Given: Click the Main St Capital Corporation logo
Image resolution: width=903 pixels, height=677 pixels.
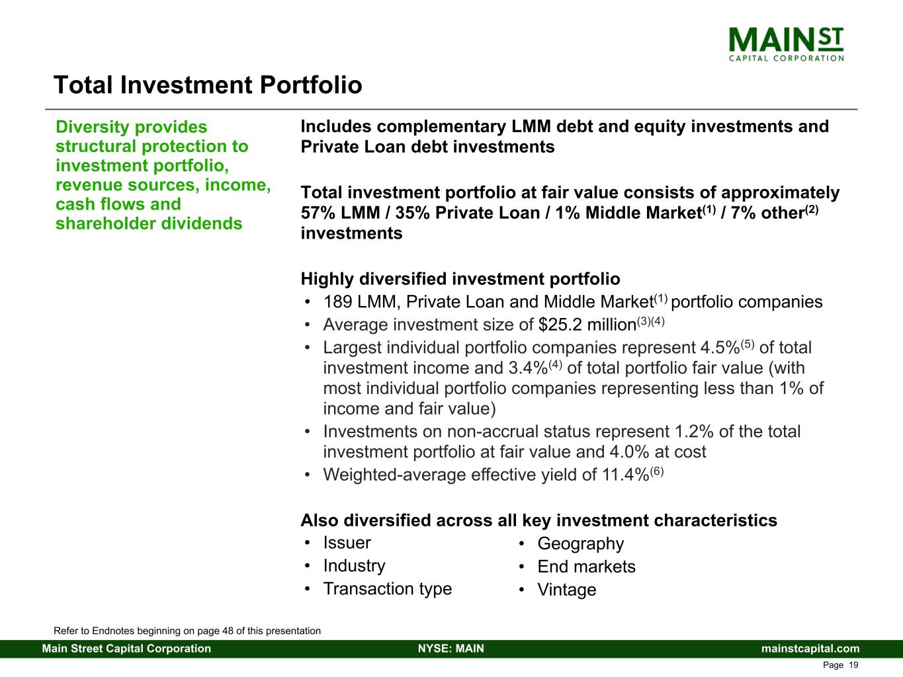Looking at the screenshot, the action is [786, 44].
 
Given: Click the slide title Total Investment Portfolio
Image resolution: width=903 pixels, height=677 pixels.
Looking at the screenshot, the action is [208, 85].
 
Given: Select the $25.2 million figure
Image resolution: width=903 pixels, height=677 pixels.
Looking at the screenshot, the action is [587, 325].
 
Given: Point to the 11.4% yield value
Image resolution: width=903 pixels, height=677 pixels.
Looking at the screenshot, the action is [626, 475].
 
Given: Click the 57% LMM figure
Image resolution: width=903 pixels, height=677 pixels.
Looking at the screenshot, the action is [341, 213].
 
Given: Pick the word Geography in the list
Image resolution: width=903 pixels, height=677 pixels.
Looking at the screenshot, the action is [580, 544].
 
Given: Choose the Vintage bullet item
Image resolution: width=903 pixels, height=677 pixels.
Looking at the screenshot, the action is [567, 590].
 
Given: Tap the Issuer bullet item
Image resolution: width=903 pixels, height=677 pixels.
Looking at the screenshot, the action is [347, 543].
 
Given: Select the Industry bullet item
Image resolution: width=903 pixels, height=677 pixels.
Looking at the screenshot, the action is [354, 567].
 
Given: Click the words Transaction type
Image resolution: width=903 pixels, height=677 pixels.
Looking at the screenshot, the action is [388, 589].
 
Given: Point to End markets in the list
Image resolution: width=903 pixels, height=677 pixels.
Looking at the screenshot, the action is [586, 567].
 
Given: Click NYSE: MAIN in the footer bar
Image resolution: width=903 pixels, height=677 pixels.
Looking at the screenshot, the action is [451, 649].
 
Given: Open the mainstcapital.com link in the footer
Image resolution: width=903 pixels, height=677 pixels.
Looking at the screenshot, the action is [810, 649].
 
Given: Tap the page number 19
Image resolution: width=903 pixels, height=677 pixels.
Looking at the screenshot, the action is [853, 665].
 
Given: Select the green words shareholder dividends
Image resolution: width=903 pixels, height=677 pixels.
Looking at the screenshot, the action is [149, 223].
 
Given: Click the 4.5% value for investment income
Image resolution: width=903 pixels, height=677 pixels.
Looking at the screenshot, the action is [720, 348].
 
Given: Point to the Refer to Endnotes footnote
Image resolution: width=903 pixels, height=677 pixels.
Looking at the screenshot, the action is [187, 631].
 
